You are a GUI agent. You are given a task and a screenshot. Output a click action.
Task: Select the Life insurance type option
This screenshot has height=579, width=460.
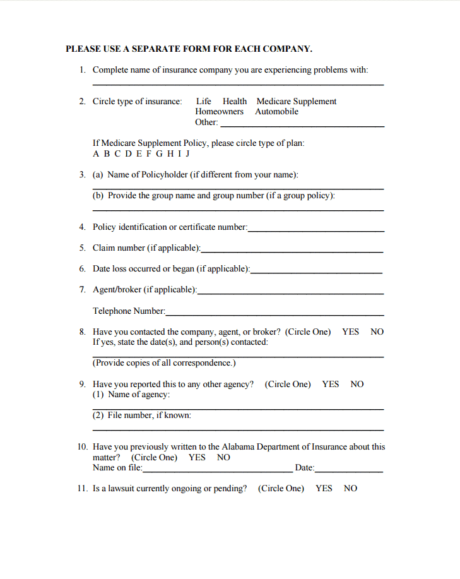[x=204, y=101]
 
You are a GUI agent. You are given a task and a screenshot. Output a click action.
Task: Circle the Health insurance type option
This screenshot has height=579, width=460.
[x=235, y=101]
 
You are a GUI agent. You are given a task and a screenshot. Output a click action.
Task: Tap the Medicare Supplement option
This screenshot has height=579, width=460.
[x=296, y=101]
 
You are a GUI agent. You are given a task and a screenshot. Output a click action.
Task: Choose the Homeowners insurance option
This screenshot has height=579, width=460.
[x=219, y=112]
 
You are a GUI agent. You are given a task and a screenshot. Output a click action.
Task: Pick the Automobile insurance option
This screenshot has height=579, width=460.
[x=276, y=112]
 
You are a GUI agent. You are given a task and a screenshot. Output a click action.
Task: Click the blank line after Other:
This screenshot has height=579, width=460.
[x=302, y=125]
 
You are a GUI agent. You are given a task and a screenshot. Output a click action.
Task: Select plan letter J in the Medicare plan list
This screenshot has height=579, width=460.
[x=187, y=153]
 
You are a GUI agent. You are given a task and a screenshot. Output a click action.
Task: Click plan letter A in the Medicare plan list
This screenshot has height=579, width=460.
[x=96, y=153]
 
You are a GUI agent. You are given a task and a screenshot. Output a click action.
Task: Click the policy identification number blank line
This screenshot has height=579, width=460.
[x=316, y=230]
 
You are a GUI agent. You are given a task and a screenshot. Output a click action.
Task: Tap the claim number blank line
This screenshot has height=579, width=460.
[x=292, y=251]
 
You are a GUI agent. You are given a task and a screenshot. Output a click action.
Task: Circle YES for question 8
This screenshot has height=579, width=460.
[x=350, y=331]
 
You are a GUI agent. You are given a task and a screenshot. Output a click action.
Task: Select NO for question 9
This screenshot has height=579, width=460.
[x=357, y=384]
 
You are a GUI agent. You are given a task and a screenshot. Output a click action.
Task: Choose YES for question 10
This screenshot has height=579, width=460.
[x=197, y=457]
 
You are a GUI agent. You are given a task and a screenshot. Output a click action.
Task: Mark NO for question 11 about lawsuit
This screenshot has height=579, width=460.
[x=350, y=488]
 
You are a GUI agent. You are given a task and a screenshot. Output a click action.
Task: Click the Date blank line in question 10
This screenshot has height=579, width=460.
[x=349, y=470]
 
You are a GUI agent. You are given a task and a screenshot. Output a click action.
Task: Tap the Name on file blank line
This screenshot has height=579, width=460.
[x=218, y=470]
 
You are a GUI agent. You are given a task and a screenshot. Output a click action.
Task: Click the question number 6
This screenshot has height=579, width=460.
[x=82, y=268]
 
